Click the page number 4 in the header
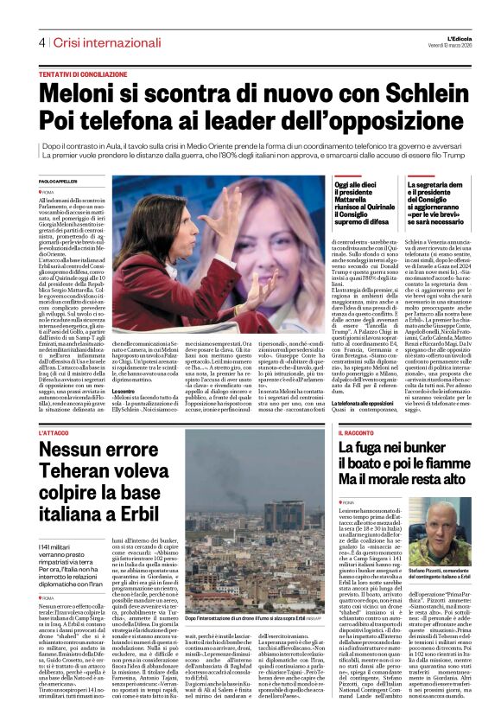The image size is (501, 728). pos(41,43)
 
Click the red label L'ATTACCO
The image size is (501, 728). pos(55,433)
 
